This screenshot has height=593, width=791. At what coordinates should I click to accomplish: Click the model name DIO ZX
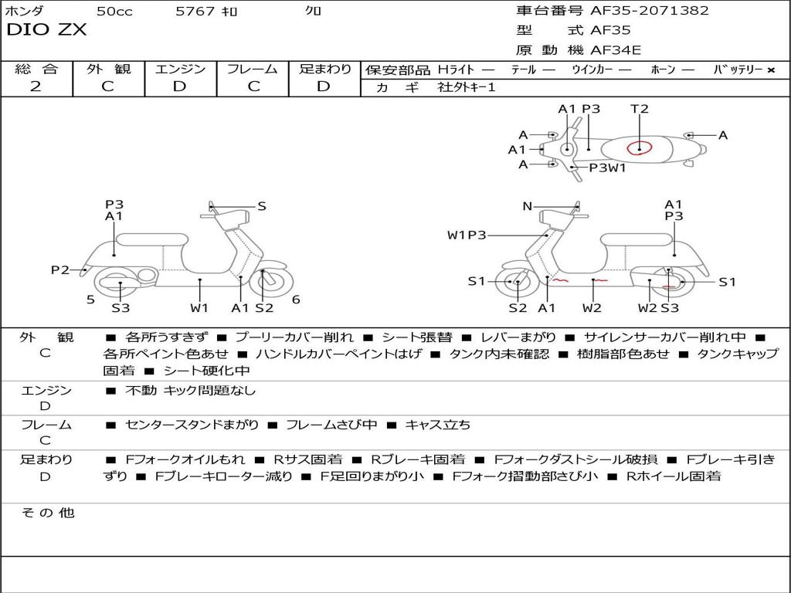pos(47,30)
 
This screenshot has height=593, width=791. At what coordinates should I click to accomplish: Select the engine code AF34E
pos(616,51)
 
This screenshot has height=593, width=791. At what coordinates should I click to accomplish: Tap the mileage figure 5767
pos(195,12)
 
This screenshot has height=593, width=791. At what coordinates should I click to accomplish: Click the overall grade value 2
pos(36,86)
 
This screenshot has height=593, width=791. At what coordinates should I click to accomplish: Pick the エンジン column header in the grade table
pos(180,69)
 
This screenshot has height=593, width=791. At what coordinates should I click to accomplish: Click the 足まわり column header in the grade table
pos(325,69)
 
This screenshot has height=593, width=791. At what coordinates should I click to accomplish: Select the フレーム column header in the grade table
pos(252,69)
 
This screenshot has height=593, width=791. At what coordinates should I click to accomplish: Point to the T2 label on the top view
pos(640,109)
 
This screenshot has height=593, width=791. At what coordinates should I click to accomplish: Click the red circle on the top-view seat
pos(638,147)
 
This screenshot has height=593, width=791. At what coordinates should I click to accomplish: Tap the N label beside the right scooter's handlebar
pos(528,206)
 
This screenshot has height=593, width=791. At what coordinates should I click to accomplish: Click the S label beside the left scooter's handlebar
pos(262,206)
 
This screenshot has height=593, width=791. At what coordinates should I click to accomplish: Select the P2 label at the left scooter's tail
pos(60,269)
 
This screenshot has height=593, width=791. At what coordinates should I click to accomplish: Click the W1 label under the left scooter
pos(199,308)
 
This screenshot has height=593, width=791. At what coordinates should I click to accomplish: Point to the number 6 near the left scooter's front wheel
pos(296,300)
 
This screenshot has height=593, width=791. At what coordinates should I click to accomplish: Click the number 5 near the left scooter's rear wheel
pos(90,299)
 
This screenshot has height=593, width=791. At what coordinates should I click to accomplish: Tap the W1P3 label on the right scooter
pos(467,235)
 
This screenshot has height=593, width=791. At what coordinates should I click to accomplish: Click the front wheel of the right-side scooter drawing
pos(517,283)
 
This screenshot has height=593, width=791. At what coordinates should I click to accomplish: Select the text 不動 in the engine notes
pos(141,391)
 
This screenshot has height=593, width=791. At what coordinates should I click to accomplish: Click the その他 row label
pos(47,513)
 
